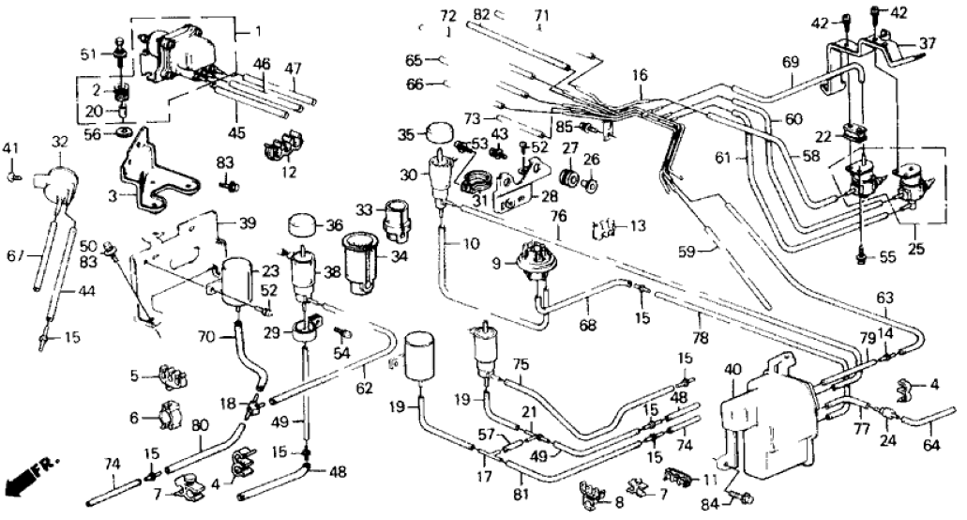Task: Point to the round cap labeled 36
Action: [304, 226]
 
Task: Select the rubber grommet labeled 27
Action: [567, 177]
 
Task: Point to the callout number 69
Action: [791, 62]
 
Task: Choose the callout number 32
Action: [61, 142]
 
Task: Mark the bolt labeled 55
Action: [861, 253]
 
